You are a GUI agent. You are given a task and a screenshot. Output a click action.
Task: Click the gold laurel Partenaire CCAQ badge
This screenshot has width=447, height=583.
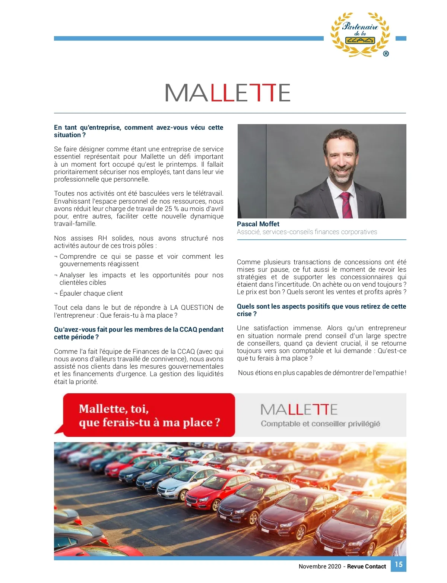(x=360, y=34)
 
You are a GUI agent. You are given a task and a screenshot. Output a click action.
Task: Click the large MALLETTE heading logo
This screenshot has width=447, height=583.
(x=227, y=93)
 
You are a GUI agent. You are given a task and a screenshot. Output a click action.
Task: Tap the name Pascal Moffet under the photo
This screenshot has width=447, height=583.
(x=258, y=224)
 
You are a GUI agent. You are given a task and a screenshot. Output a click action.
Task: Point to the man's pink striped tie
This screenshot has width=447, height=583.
(x=346, y=205)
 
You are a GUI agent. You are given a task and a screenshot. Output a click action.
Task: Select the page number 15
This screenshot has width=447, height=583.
(x=399, y=564)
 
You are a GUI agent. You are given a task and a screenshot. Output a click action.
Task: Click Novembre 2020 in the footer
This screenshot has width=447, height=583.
(x=320, y=566)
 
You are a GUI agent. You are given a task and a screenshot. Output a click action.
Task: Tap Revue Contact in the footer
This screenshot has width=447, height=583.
(x=367, y=566)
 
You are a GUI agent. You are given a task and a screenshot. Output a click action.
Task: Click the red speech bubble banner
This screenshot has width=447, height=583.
(x=149, y=415)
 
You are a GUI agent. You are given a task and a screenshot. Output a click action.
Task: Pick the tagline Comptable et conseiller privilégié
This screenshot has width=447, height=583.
(x=320, y=424)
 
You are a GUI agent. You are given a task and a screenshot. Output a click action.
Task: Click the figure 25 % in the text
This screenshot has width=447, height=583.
(x=171, y=209)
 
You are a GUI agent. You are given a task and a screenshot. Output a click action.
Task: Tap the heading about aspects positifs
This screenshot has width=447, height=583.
(x=321, y=310)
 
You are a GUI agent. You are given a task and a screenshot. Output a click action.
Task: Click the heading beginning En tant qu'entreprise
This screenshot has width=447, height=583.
(x=138, y=131)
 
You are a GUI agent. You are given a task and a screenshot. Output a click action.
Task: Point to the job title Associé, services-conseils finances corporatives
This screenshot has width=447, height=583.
(x=307, y=232)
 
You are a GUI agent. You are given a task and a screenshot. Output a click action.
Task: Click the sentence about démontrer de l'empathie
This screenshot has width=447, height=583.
(x=322, y=373)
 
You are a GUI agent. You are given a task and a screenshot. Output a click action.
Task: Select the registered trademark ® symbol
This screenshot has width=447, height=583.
(x=386, y=54)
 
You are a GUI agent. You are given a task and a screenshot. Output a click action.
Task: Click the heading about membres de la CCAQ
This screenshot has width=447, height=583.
(x=138, y=333)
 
